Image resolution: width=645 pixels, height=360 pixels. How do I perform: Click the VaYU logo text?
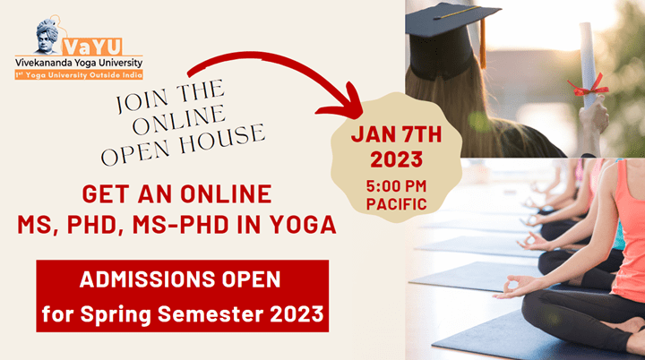click(x=92, y=47)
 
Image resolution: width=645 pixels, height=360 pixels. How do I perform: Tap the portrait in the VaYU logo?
click(x=47, y=36)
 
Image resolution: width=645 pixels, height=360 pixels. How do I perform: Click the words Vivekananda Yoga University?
click(x=79, y=63)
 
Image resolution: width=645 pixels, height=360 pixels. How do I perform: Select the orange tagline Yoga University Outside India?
click(x=79, y=75)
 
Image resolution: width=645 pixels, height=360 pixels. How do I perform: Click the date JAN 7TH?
click(x=397, y=134)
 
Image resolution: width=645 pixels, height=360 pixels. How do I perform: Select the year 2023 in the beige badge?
click(x=397, y=159)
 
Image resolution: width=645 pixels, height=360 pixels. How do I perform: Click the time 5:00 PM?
click(x=397, y=186)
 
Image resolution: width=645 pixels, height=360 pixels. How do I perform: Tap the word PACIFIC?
click(x=397, y=204)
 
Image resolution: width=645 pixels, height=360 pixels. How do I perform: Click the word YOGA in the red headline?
click(x=303, y=225)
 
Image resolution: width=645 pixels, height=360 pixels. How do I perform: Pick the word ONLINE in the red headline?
click(x=226, y=193)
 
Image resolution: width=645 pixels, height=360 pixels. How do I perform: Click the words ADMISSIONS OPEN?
click(x=180, y=279)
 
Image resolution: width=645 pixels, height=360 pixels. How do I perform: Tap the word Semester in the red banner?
click(x=211, y=314)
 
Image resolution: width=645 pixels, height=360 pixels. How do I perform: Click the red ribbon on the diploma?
click(x=588, y=87)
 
